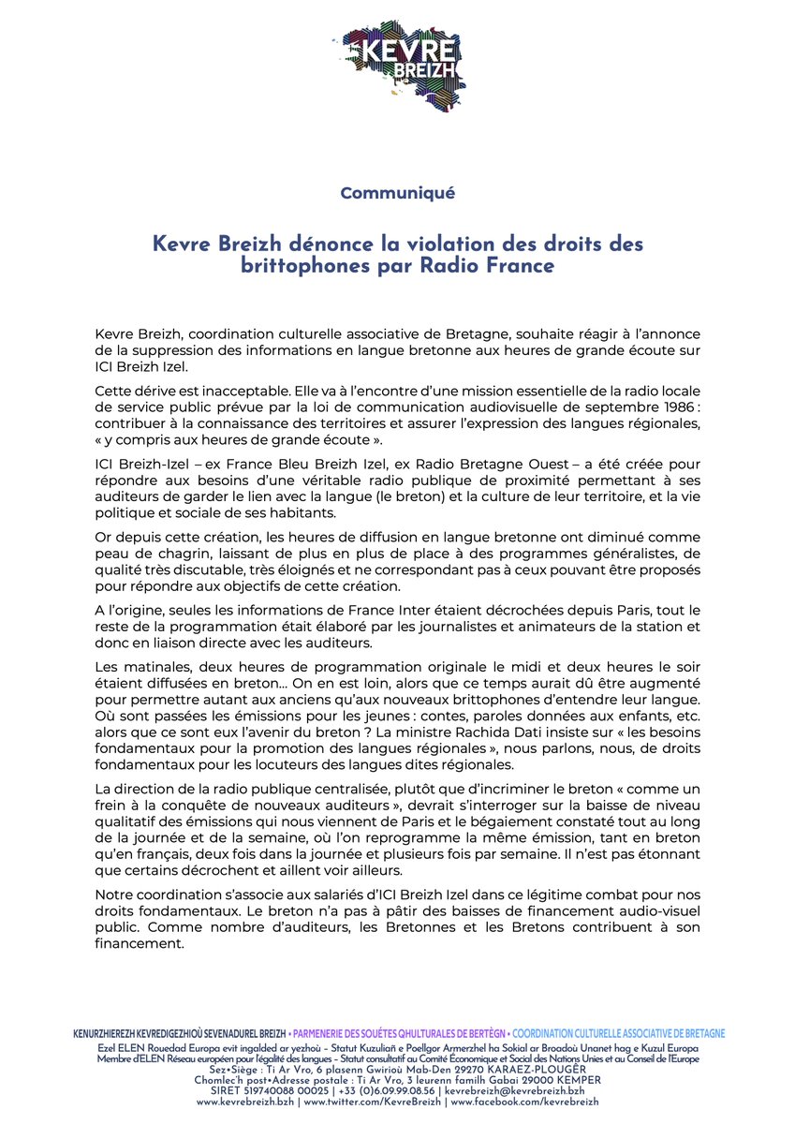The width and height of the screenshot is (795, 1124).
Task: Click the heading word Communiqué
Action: [398, 194]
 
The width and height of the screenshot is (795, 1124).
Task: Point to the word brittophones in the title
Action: [305, 265]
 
